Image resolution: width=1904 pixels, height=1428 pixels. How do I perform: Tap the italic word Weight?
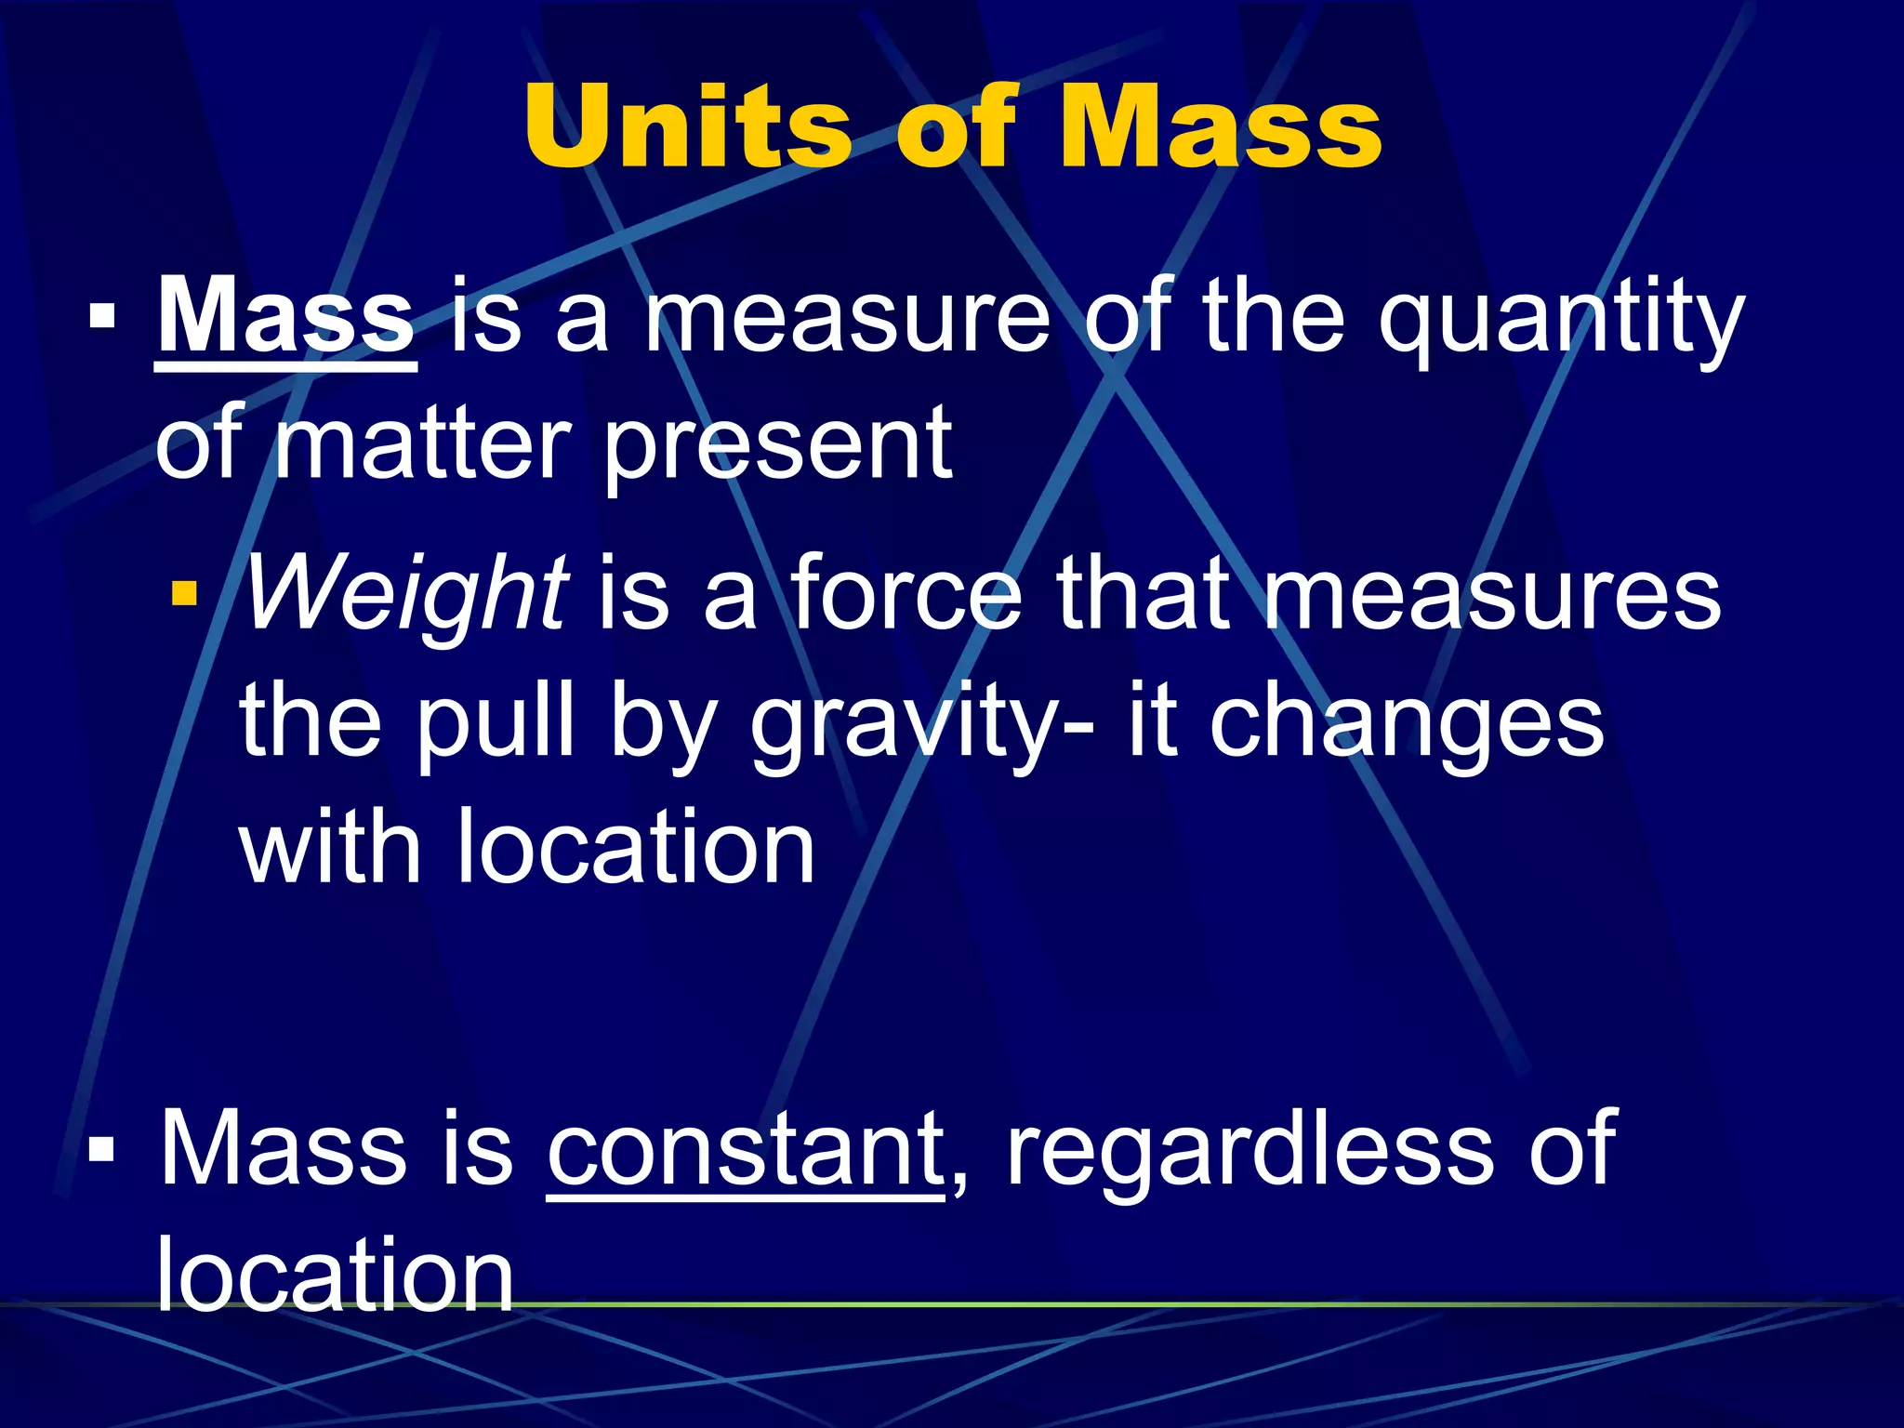tap(405, 595)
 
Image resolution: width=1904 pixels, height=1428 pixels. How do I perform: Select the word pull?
tap(496, 725)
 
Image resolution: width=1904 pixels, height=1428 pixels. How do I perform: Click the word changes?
tap(1407, 725)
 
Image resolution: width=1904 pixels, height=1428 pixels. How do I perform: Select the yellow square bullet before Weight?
tap(184, 593)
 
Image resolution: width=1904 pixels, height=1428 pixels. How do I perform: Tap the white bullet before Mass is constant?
tap(102, 1150)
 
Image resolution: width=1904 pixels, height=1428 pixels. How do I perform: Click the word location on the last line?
tap(335, 1276)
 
